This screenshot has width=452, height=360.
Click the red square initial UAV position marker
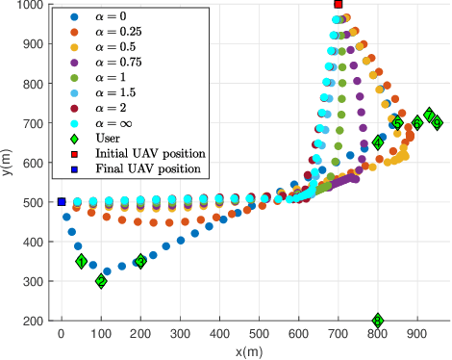339,4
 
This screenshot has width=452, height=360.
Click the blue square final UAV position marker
62,202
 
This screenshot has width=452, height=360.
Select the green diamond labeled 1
81,261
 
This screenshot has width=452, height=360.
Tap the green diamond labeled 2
101,281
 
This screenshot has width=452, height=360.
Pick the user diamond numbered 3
140,261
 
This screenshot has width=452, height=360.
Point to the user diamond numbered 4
378,142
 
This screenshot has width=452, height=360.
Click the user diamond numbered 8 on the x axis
378,321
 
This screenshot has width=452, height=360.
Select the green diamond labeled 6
417,123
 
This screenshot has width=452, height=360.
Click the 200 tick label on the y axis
34,321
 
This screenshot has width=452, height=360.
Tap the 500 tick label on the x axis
260,335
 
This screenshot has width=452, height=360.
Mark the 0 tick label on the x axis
62,335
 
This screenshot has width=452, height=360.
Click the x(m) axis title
248,351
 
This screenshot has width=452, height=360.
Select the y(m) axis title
9,163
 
